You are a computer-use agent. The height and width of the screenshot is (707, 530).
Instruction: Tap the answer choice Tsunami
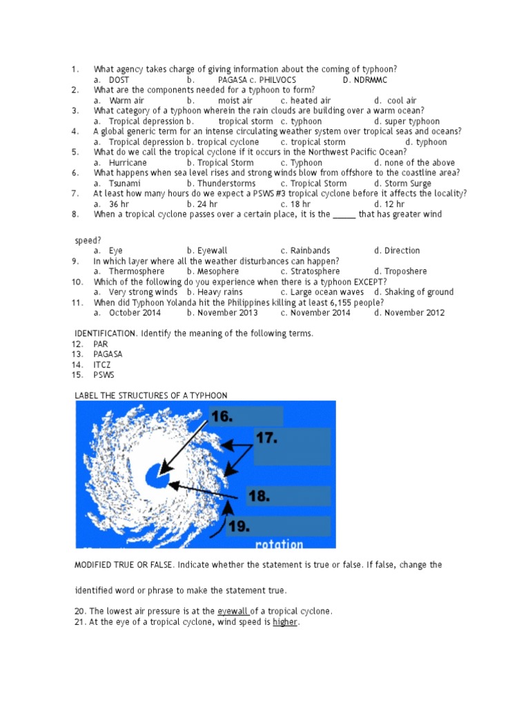125,184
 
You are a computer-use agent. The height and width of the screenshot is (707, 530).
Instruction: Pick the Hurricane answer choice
128,163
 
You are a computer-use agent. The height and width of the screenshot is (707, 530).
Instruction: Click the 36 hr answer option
119,204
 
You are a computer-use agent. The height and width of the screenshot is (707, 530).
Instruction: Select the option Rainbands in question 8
310,251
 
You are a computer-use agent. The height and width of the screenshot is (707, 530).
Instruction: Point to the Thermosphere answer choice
137,271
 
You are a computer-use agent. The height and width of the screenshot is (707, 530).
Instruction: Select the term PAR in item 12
101,344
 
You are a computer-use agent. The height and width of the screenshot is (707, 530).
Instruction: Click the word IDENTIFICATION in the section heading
106,333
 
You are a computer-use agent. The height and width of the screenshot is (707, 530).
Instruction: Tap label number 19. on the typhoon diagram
239,526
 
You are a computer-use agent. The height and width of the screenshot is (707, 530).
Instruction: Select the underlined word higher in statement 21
284,622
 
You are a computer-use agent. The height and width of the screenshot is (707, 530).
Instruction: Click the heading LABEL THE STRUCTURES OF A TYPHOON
151,396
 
